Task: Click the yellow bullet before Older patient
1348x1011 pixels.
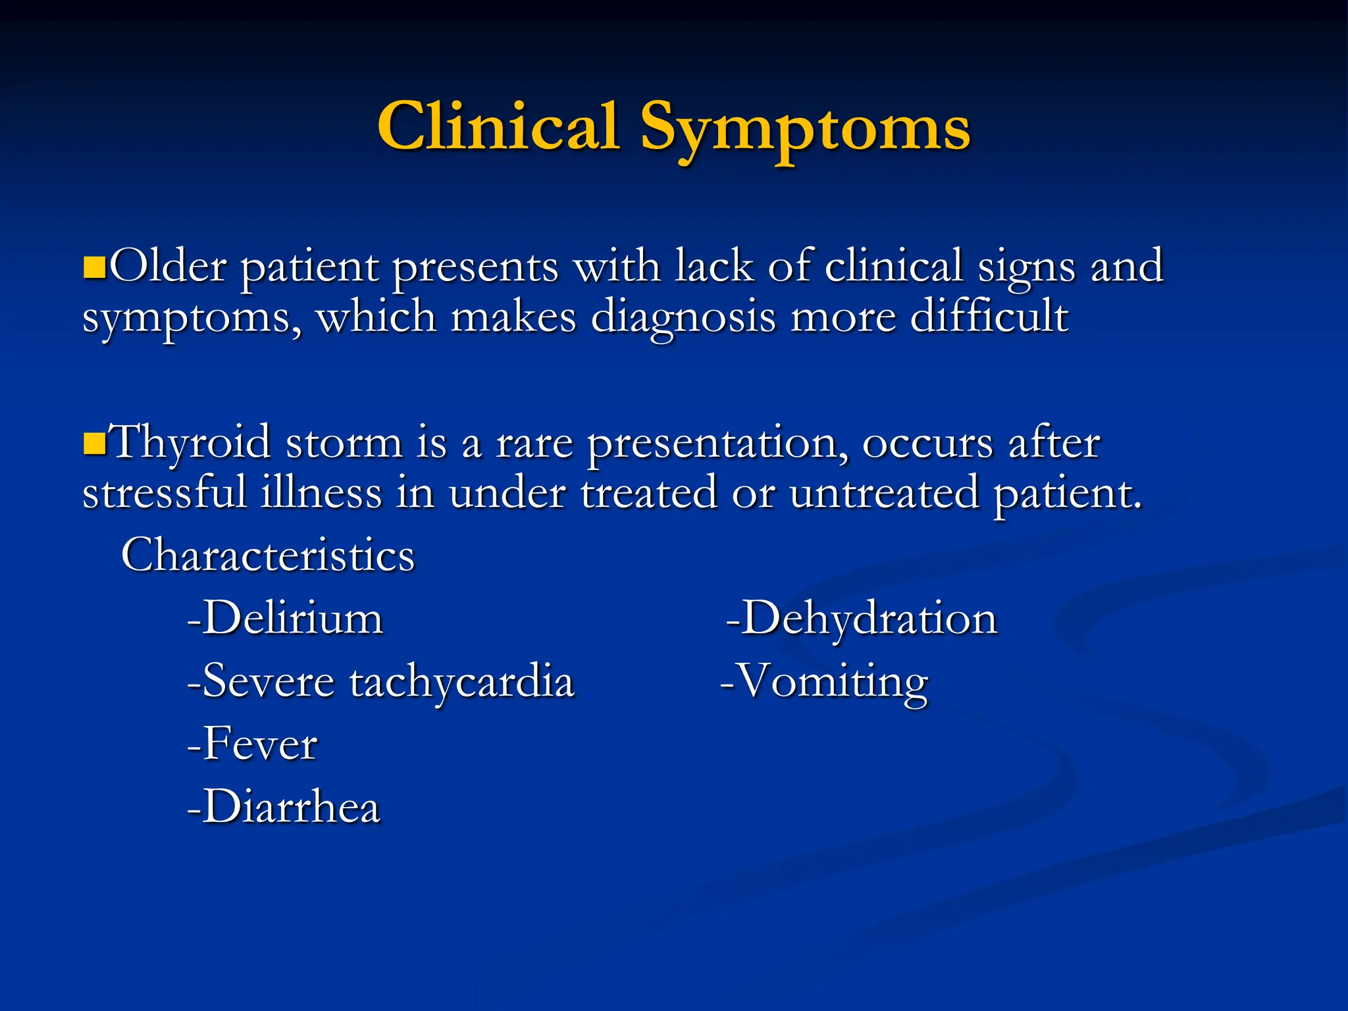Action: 95,268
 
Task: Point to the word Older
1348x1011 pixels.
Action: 168,267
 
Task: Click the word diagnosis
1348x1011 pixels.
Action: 683,318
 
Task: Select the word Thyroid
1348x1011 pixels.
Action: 190,442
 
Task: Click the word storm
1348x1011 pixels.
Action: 344,442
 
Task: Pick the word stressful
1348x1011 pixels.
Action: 165,494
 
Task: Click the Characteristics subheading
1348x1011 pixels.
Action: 268,556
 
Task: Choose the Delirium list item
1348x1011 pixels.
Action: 285,619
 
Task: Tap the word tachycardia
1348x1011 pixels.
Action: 462,682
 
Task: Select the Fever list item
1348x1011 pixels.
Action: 253,744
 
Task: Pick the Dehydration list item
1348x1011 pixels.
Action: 862,619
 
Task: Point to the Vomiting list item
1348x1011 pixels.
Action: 824,682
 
